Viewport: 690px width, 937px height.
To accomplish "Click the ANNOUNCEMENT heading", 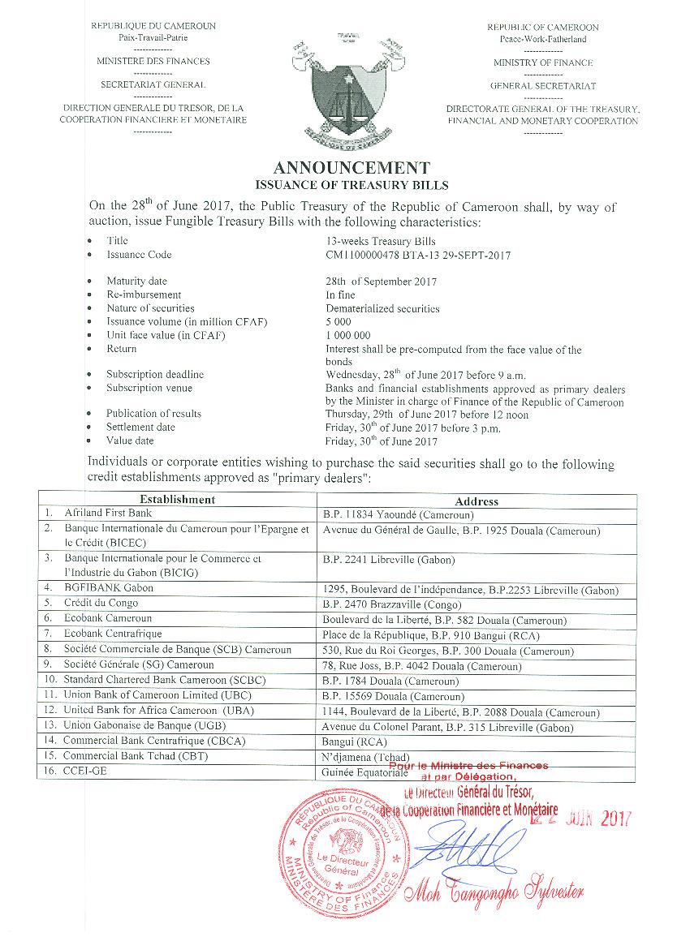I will point(351,168).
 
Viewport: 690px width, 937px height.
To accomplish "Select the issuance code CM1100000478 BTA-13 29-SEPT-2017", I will point(418,255).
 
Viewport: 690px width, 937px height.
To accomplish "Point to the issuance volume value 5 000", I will point(339,322).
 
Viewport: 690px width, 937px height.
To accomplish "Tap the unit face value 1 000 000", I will point(348,335).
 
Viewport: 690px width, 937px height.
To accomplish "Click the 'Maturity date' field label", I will point(136,282).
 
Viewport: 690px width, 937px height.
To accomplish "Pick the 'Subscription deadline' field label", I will point(155,375).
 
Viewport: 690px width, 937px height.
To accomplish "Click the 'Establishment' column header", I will point(177,500).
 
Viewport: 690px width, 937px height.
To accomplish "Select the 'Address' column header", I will point(477,501).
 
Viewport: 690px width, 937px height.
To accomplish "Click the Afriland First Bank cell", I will point(108,514).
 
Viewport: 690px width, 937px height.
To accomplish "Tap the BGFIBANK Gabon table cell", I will point(109,588).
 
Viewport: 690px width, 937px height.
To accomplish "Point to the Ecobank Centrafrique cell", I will point(113,634).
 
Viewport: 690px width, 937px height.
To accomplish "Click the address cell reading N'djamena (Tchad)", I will point(365,757).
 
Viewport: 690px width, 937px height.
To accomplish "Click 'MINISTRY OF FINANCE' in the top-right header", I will point(543,62).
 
